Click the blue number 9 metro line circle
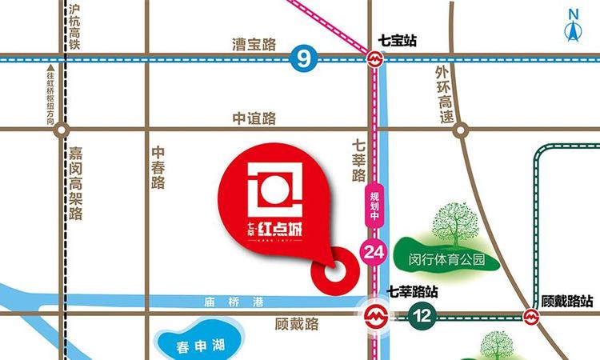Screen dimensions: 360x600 [301, 58]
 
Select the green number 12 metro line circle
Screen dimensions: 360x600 [422, 315]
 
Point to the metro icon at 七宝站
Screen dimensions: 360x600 [374, 58]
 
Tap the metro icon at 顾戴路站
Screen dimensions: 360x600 [531, 316]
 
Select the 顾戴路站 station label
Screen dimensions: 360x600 [566, 301]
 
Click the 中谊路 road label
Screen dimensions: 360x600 [254, 118]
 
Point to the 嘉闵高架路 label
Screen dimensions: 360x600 [76, 182]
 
